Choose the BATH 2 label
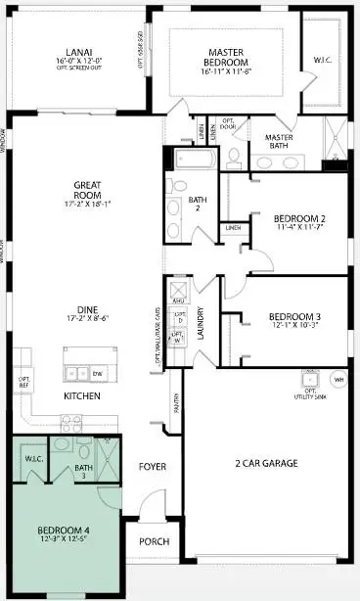coord(197,205)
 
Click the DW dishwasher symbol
coord(98,373)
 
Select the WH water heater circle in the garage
coord(339,379)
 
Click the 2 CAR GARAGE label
coord(266,463)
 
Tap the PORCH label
coord(155,541)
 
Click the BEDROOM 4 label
coord(64,533)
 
